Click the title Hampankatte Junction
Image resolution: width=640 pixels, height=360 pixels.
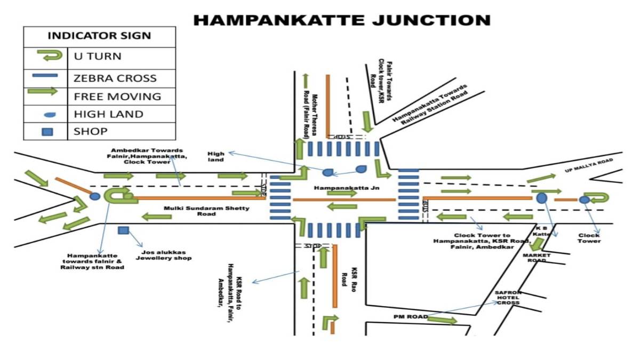[341, 21]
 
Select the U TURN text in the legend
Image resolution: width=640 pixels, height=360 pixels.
[98, 56]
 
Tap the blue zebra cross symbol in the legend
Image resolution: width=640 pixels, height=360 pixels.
[45, 75]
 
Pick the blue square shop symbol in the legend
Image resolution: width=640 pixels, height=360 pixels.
[47, 131]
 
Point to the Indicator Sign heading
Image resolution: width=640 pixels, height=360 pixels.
[99, 36]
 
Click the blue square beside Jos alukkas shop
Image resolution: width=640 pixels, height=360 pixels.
[123, 230]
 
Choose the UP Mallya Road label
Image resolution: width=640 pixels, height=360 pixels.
[589, 166]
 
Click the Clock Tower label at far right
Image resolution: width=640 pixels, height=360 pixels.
[589, 238]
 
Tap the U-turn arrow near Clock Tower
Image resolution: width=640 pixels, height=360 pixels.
[599, 198]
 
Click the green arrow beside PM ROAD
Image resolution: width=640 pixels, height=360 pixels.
[442, 320]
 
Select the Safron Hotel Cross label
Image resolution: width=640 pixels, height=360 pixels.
[508, 298]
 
